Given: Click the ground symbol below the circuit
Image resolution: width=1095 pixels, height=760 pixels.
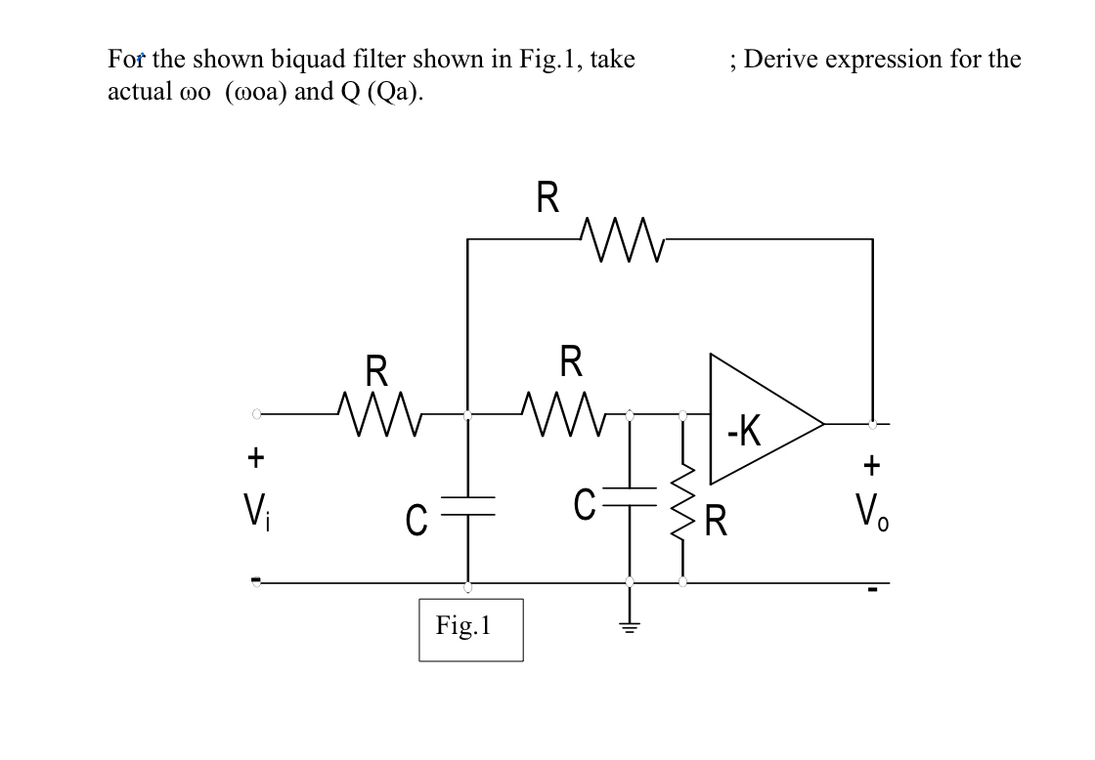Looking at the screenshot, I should [x=630, y=626].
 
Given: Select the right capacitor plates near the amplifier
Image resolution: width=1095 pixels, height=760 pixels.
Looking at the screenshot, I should [x=630, y=505].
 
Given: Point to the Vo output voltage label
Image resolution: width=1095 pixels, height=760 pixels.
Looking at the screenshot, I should [x=871, y=511].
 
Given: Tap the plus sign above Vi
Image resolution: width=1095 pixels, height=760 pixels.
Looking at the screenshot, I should [x=255, y=456].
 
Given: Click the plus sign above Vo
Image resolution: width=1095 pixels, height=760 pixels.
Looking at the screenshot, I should [x=871, y=462].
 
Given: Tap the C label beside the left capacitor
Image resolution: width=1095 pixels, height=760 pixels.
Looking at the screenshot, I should [x=415, y=517].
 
